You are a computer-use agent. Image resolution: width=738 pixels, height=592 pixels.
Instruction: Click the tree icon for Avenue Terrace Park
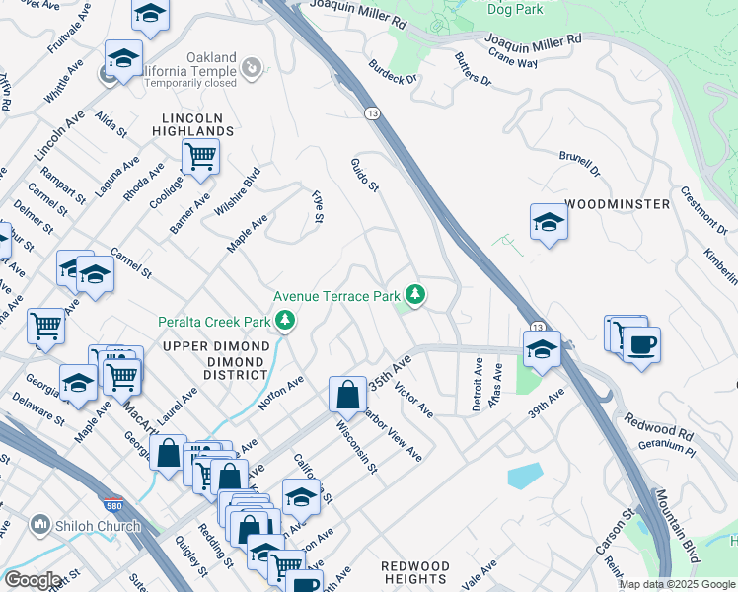click(x=416, y=294)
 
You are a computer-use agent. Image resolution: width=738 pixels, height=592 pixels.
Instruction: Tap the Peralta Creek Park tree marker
click(x=285, y=321)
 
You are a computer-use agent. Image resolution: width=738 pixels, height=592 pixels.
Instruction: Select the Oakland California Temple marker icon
click(x=253, y=67)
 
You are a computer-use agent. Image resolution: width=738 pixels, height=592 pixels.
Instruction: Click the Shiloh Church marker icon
click(x=40, y=524)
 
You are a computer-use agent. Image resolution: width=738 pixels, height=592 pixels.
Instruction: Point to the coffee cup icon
click(x=641, y=345)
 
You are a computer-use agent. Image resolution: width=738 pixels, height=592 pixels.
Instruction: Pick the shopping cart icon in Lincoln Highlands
click(x=200, y=155)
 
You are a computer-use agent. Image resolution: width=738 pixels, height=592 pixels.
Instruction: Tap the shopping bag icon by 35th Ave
click(x=347, y=395)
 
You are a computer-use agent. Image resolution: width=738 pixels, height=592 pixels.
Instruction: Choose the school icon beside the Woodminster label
click(x=549, y=221)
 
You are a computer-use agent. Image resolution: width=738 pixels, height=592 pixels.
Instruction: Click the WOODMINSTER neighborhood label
click(x=617, y=204)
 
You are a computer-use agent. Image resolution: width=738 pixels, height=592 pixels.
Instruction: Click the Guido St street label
click(x=365, y=175)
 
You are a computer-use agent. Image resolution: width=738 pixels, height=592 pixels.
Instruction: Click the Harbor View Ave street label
click(x=392, y=433)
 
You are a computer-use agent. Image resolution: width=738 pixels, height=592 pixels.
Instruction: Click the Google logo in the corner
click(x=33, y=579)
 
